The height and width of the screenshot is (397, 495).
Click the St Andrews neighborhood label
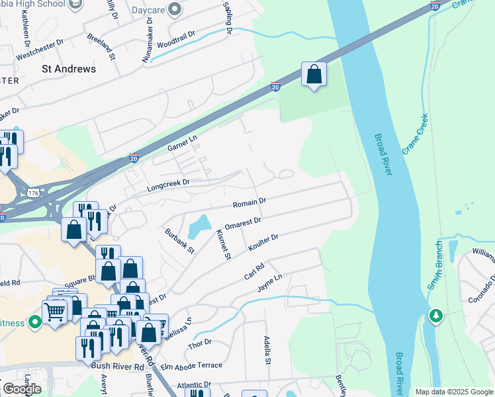tap(68, 69)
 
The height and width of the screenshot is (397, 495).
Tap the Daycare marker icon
tap(175, 9)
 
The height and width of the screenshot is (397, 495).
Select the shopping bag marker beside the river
tap(314, 75)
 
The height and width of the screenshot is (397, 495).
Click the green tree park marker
tap(435, 316)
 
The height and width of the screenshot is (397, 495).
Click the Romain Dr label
tap(249, 201)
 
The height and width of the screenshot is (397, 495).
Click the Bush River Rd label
tap(119, 366)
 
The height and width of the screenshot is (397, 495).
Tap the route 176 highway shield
tap(33, 192)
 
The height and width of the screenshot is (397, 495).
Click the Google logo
tap(22, 389)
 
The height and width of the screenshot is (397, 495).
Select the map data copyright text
tap(453, 391)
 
